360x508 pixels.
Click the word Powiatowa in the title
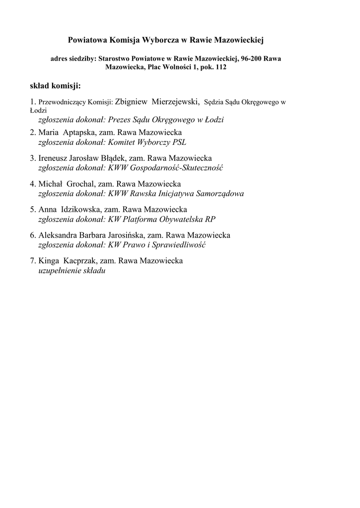click(x=86, y=39)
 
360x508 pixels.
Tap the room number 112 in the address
click(x=220, y=67)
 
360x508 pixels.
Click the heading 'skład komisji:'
click(x=55, y=86)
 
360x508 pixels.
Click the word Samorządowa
click(x=220, y=193)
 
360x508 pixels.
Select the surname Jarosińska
click(x=122, y=235)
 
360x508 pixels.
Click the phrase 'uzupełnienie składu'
click(x=72, y=270)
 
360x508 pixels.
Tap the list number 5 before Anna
click(x=32, y=209)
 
